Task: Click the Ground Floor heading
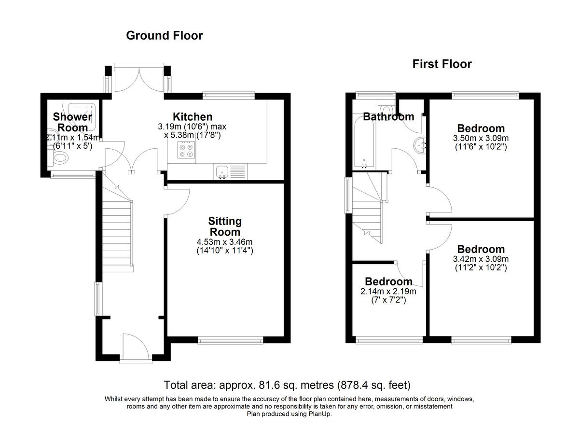(x=165, y=35)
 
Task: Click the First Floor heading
(x=442, y=64)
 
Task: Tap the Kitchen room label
(x=193, y=117)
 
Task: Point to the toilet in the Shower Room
(x=59, y=158)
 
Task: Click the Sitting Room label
(x=225, y=226)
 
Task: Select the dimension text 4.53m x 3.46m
(x=225, y=242)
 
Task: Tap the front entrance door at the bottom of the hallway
(x=136, y=347)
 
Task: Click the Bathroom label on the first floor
(x=388, y=117)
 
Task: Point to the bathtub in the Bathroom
(x=364, y=142)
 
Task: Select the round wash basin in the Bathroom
(x=420, y=145)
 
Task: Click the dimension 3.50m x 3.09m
(x=481, y=138)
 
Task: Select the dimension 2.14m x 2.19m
(x=388, y=291)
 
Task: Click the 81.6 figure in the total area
(x=267, y=385)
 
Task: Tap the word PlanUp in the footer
(x=319, y=414)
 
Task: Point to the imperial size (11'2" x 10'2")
(x=481, y=268)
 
